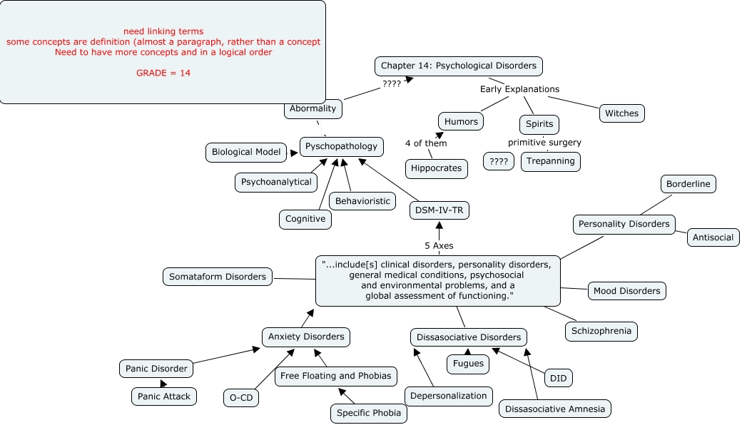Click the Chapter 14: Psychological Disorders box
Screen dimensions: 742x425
click(x=459, y=66)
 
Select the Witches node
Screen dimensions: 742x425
click(x=622, y=113)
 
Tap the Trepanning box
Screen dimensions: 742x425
click(x=550, y=161)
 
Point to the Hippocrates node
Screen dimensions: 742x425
click(x=437, y=168)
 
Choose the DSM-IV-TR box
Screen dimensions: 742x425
click(x=439, y=210)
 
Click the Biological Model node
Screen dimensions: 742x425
click(x=246, y=152)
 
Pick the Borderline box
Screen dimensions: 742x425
click(x=688, y=184)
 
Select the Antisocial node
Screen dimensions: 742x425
click(x=713, y=237)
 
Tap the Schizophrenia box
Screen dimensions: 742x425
click(x=601, y=331)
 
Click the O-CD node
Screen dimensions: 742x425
click(x=241, y=398)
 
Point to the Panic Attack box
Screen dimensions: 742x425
click(x=163, y=396)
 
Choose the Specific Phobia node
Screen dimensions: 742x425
click(x=369, y=413)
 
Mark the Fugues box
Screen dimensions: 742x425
click(x=468, y=364)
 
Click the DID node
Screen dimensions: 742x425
click(x=559, y=378)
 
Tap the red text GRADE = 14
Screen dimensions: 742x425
click(x=163, y=73)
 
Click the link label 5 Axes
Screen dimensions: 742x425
click(x=439, y=246)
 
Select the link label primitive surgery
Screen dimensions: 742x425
click(x=544, y=143)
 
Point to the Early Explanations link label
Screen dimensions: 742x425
click(x=519, y=89)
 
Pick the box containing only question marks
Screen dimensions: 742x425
click(x=498, y=162)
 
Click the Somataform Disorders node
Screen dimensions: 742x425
click(x=218, y=277)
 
